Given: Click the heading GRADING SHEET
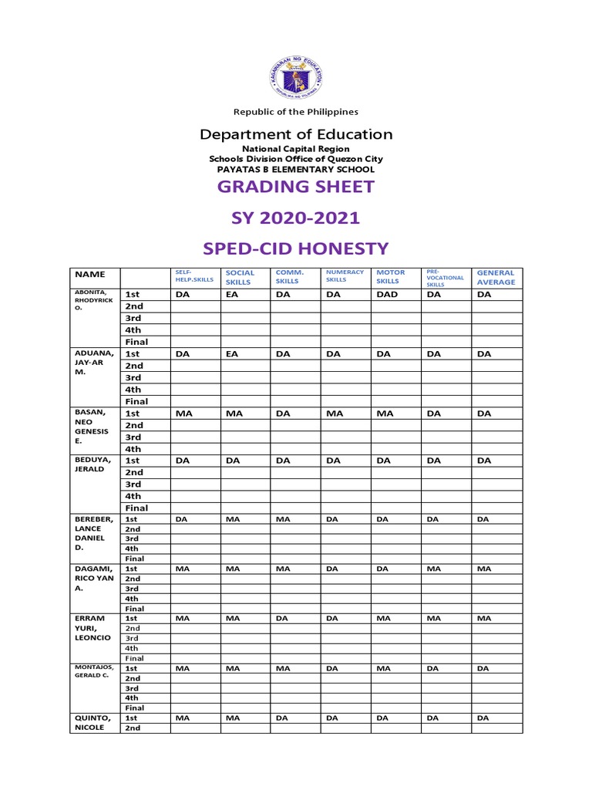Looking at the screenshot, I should (x=296, y=187).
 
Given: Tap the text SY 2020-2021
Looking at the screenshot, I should (x=296, y=218).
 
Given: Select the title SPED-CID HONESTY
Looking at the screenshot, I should (x=296, y=248).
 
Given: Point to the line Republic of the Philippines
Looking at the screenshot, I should (x=296, y=112).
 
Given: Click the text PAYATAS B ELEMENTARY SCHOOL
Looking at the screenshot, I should (x=296, y=169).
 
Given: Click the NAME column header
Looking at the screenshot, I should (x=89, y=274).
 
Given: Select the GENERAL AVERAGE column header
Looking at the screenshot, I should (x=496, y=278).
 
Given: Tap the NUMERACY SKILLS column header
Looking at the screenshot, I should (x=345, y=276).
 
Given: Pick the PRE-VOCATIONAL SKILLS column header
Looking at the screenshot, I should (x=445, y=278).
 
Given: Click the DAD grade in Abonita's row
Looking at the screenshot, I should (x=386, y=295).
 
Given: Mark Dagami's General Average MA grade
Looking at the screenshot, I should (x=483, y=569).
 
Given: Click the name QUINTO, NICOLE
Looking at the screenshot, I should (x=94, y=722).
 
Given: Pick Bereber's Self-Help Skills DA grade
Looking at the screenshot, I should (x=182, y=519).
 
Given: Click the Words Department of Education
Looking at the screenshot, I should (x=296, y=134).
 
